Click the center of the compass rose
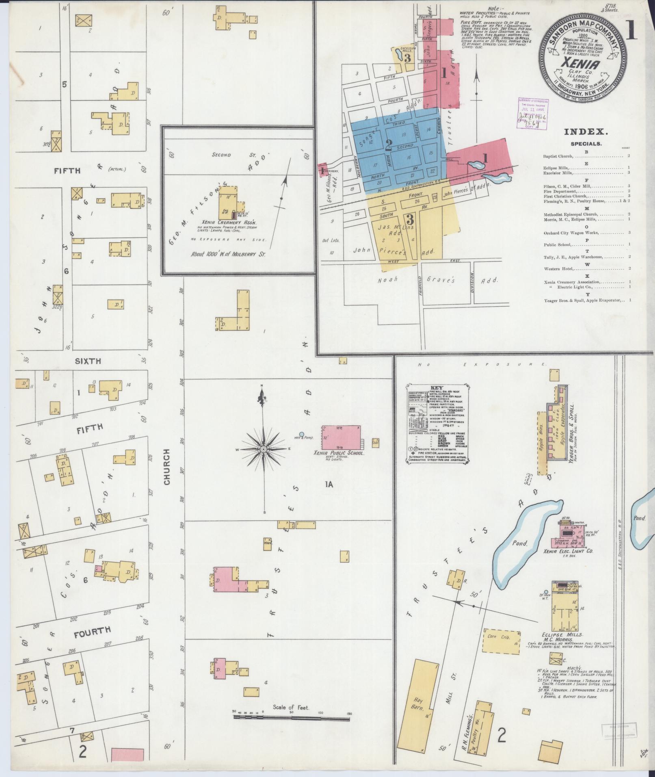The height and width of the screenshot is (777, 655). (x=263, y=449)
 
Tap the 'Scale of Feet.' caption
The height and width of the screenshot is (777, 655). (x=291, y=707)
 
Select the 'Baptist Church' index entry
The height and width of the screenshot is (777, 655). (x=558, y=156)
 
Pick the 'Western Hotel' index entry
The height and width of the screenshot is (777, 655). (x=558, y=269)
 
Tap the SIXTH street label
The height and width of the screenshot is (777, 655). (x=88, y=361)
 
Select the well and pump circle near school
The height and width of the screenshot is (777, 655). (x=302, y=434)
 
